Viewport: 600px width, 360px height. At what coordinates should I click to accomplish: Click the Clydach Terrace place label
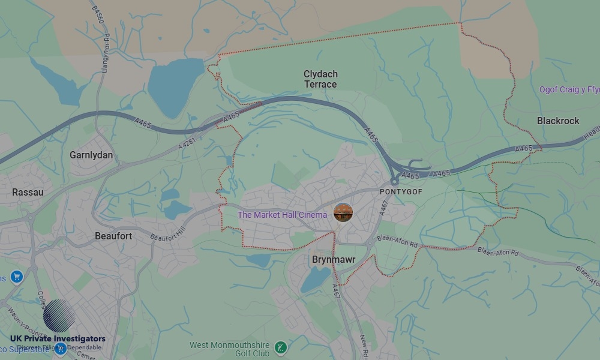320,79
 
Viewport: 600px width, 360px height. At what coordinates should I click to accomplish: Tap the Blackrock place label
558,121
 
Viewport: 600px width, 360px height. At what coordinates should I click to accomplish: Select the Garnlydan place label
91,155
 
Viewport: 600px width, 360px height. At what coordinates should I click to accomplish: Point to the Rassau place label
28,193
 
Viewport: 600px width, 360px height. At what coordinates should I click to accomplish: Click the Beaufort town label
113,236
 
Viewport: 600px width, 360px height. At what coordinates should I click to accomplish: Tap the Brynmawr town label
334,260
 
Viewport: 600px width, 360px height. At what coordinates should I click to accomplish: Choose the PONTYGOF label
401,191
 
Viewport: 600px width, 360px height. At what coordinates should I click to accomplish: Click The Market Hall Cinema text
282,215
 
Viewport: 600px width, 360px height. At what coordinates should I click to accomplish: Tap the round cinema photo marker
343,212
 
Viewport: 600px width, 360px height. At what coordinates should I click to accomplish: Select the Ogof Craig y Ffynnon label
569,90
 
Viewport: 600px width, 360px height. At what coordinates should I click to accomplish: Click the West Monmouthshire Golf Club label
230,349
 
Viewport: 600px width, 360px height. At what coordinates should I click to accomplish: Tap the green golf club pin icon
280,347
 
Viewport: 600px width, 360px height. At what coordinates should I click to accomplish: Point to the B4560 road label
97,15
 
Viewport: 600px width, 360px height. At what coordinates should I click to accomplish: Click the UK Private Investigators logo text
58,339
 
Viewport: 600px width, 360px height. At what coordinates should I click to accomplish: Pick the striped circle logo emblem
59,316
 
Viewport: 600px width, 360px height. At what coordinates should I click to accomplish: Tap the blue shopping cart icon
16,277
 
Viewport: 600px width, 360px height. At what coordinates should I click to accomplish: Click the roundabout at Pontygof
394,181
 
